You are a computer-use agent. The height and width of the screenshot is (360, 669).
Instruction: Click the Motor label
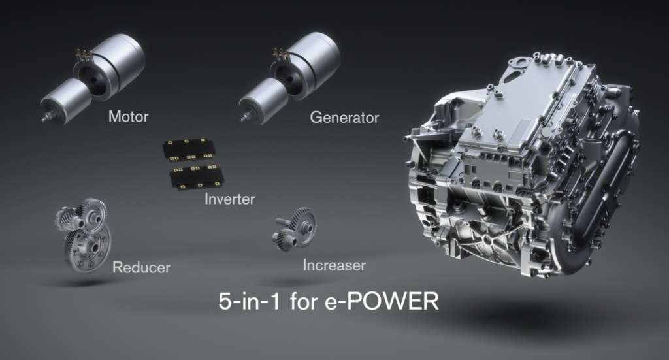coord(129,116)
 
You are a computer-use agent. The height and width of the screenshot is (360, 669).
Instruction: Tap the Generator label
coord(344,118)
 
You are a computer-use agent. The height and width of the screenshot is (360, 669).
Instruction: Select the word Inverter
coord(229,199)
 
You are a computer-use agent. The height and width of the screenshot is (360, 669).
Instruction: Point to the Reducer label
coord(141,267)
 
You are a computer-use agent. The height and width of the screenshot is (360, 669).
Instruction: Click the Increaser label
coord(334,265)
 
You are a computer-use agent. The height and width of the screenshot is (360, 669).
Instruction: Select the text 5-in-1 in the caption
coord(249,301)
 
